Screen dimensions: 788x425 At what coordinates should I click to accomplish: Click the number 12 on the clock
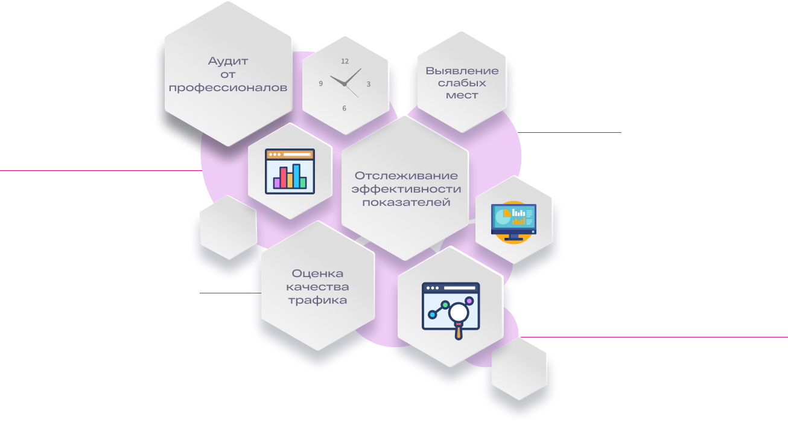click(x=345, y=61)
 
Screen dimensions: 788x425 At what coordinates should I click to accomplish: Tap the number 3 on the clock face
click(x=368, y=84)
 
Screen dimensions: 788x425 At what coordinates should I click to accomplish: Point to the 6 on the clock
click(x=345, y=109)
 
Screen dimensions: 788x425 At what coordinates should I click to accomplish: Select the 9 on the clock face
click(x=320, y=84)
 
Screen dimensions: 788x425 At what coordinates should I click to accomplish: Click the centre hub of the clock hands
click(x=345, y=85)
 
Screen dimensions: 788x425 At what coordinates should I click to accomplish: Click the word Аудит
click(x=228, y=61)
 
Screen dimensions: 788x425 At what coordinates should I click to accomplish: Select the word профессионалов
click(x=228, y=88)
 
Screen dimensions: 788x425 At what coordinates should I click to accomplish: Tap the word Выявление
click(x=462, y=71)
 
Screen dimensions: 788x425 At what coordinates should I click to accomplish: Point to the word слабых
click(x=462, y=83)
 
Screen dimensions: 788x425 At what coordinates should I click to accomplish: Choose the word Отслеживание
click(x=406, y=175)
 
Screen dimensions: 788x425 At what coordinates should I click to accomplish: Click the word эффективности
click(x=406, y=189)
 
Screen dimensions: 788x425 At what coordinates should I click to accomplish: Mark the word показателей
click(x=406, y=202)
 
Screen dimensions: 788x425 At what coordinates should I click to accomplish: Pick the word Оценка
click(x=317, y=273)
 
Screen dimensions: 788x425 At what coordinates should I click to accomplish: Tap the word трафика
click(x=317, y=301)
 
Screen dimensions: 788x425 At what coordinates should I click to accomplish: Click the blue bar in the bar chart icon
click(x=296, y=176)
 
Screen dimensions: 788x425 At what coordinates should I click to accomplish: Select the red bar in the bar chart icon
click(x=283, y=177)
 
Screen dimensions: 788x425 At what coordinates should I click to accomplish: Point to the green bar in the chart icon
click(x=303, y=183)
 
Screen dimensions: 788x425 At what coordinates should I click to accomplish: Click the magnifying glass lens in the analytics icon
click(x=459, y=312)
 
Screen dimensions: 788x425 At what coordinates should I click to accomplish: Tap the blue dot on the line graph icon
click(x=433, y=315)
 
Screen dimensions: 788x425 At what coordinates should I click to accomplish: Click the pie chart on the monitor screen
click(x=503, y=216)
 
